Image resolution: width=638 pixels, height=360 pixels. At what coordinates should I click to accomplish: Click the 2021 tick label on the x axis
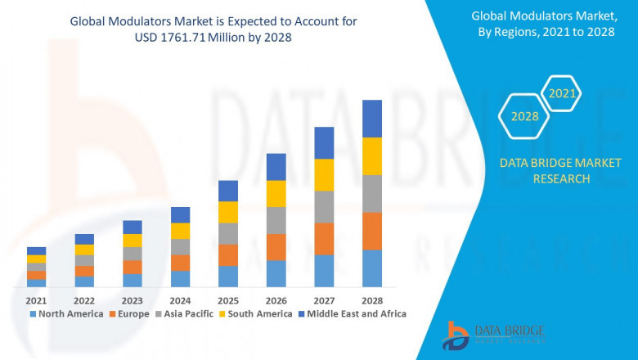pos(36,300)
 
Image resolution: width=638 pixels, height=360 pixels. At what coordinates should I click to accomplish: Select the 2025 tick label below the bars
pos(228,300)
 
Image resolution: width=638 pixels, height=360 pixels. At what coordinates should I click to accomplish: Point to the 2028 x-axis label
pos(372,300)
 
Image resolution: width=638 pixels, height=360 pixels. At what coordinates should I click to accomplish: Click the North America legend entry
pos(66,313)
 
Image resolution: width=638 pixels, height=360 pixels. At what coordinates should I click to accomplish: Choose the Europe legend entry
pos(131,313)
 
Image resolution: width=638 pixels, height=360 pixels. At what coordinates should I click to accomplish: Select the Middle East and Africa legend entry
pos(354,313)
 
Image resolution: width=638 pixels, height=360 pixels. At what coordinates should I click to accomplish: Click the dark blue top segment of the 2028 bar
pos(372,119)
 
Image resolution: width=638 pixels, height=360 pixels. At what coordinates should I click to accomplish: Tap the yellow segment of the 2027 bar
pos(324,175)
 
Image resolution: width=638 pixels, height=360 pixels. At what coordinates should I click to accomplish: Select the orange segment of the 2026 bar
pos(276,247)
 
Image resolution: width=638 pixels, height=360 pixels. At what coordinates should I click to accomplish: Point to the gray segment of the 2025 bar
pos(228,234)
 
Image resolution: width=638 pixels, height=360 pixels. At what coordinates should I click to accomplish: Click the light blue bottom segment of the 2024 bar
pos(180,279)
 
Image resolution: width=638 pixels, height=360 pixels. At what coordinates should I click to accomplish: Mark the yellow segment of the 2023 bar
pos(132,241)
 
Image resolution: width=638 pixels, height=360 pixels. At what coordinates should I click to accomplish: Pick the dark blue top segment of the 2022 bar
pos(84,239)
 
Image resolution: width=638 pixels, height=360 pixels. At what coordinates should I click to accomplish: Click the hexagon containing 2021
pos(562,95)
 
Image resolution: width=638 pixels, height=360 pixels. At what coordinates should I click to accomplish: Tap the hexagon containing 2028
pos(524,117)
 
